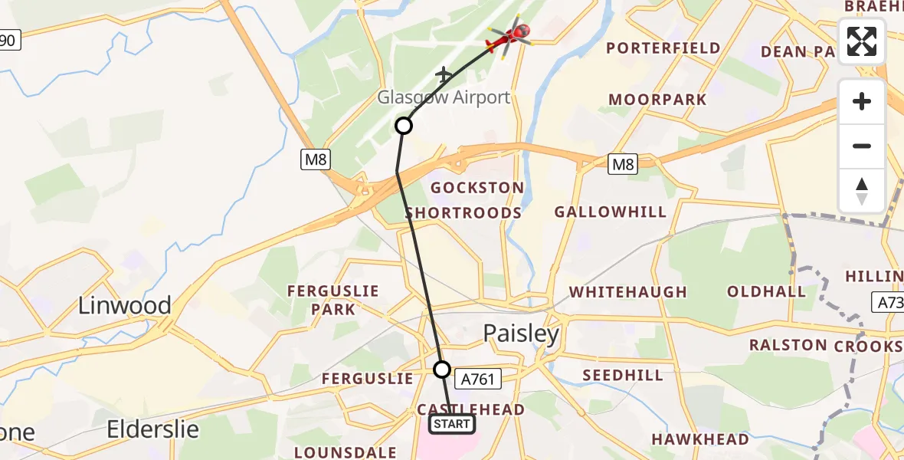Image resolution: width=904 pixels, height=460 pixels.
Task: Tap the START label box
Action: tap(452, 424)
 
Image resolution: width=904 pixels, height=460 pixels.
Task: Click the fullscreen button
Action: tap(862, 41)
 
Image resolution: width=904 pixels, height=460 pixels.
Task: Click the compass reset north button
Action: tap(862, 191)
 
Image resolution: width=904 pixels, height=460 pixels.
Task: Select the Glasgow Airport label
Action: tap(443, 97)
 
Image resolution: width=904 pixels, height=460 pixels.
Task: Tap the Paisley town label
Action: tap(521, 333)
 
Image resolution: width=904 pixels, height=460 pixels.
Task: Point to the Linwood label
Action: tap(125, 306)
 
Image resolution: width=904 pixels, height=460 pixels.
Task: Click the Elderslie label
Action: tap(153, 428)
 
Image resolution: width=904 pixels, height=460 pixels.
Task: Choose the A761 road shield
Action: tap(478, 378)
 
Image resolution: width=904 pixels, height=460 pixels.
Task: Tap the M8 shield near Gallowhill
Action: tap(622, 163)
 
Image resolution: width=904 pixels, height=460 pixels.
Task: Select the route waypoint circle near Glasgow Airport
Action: tap(404, 126)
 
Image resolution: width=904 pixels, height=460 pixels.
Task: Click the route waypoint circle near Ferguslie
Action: tap(442, 370)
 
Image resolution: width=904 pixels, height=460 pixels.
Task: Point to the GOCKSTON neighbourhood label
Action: tap(477, 188)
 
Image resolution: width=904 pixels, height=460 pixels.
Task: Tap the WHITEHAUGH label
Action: tap(628, 292)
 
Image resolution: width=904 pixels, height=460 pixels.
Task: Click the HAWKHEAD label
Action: tap(699, 439)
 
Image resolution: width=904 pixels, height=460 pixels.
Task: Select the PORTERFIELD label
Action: tap(663, 48)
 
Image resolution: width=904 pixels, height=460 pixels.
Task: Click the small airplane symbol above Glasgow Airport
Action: tap(444, 74)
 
